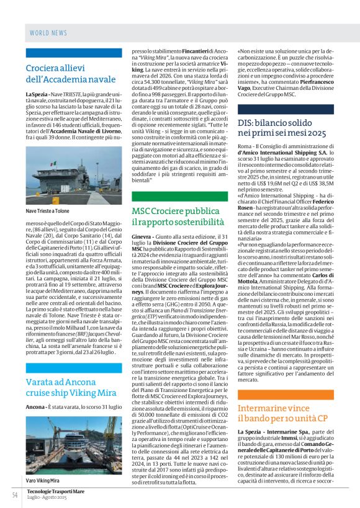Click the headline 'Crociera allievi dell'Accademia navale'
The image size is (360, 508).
tap(70, 74)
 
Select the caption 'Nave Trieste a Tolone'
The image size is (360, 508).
tap(52, 211)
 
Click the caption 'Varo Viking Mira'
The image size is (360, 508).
tap(43, 480)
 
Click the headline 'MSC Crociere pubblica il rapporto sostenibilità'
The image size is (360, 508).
tap(178, 216)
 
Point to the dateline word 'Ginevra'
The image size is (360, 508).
tap(142, 237)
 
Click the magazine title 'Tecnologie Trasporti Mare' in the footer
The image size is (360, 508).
tap(55, 491)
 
